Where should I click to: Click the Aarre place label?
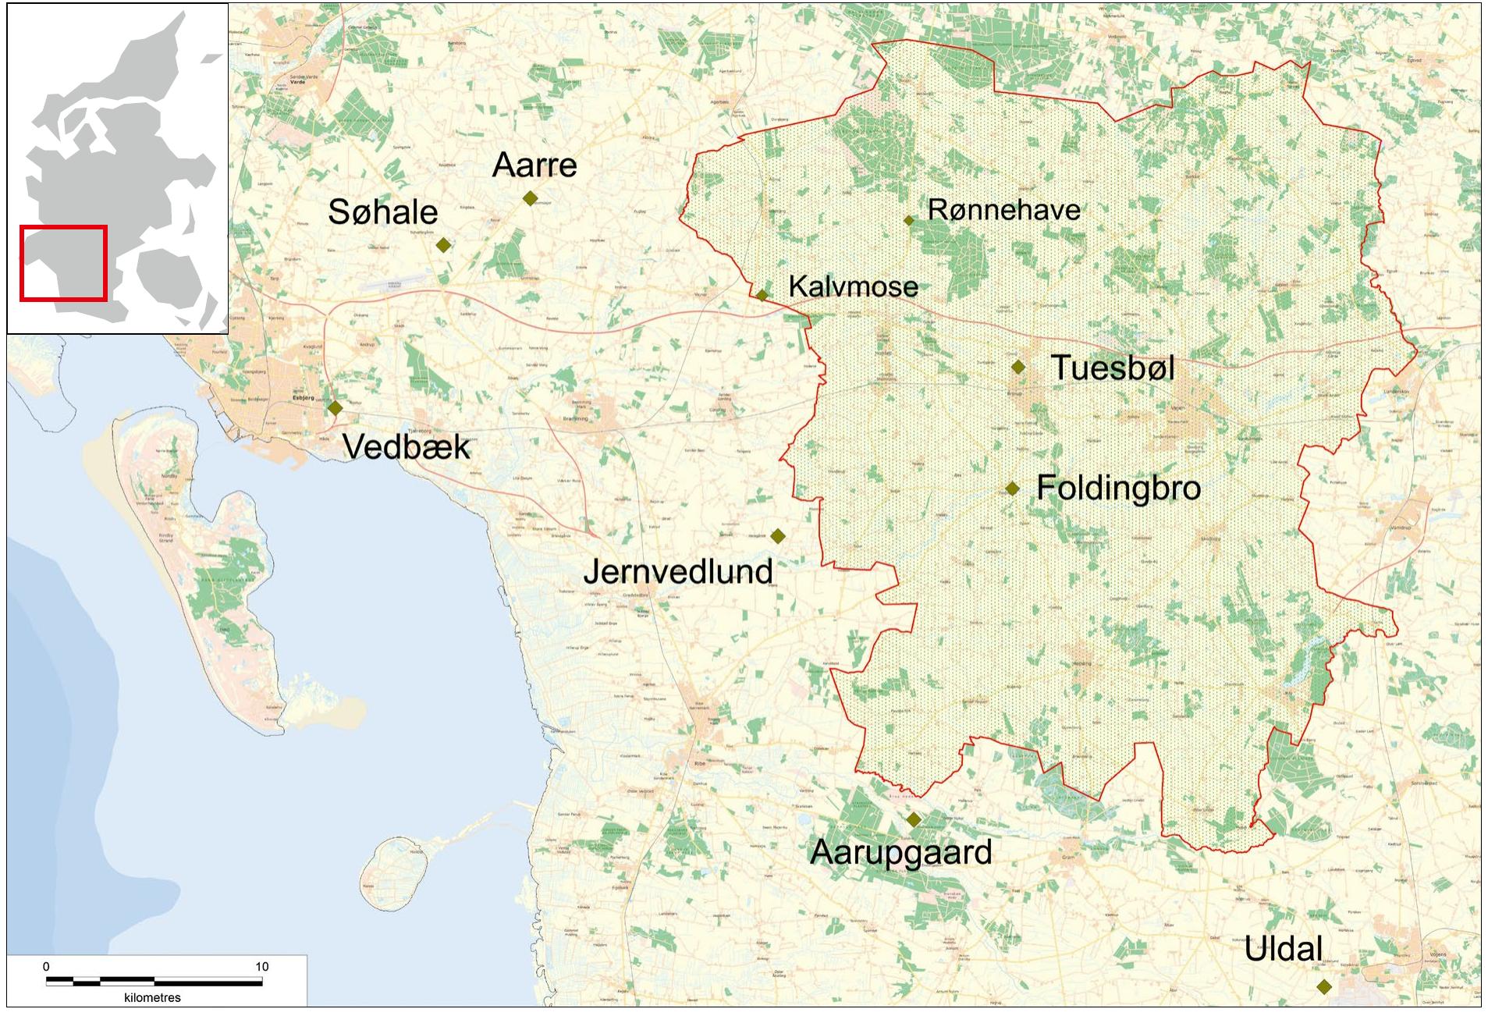coord(534,165)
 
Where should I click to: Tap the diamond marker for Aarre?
coord(530,198)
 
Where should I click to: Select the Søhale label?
coord(383,212)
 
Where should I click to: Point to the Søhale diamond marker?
coord(443,245)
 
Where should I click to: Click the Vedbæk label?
coord(407,447)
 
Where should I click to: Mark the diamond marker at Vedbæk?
coord(336,407)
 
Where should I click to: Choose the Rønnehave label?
coord(1003,210)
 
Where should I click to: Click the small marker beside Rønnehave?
coord(908,221)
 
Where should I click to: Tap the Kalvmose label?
coord(853,286)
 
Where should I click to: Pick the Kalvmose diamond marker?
coord(762,295)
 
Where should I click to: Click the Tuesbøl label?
coord(1113,368)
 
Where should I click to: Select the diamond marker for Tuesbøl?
coord(1018,367)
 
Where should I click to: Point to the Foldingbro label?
coord(1118,488)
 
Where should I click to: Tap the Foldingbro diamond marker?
coord(1012,488)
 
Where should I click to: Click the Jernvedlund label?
coord(678,572)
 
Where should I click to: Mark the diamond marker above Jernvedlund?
coord(777,535)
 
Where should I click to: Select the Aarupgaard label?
coord(901,852)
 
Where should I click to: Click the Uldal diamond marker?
coord(1323,986)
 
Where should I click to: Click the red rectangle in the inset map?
coord(63,263)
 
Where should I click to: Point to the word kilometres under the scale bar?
coord(152,998)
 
